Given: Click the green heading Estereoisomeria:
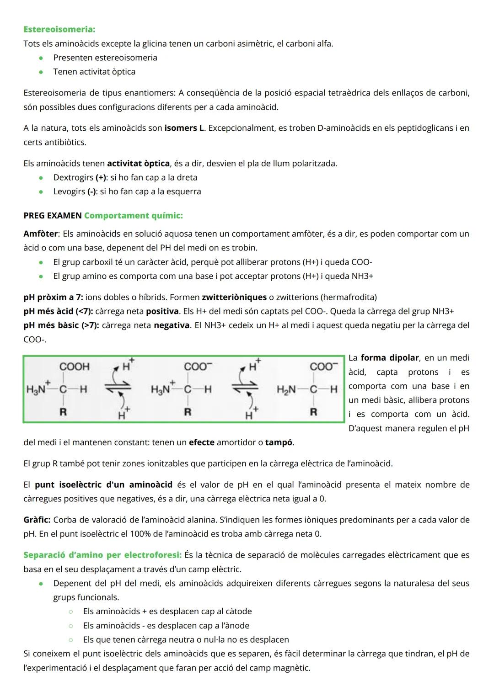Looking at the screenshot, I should tap(59, 29).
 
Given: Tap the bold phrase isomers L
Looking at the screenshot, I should tap(184, 128).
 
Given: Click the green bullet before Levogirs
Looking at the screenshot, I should tap(41, 192).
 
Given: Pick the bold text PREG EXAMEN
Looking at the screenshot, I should tap(53, 216).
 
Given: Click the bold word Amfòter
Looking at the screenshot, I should tap(41, 234).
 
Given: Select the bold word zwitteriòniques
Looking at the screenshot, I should tap(234, 298).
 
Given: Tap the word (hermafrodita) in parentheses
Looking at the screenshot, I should tap(349, 298).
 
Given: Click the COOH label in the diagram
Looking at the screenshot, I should tap(74, 367).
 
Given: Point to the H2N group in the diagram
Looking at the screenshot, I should tap(286, 389).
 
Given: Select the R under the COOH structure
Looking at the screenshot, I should tap(63, 412).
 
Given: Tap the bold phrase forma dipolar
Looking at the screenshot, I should tap(390, 358).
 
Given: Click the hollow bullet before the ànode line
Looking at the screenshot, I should tap(71, 626).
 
